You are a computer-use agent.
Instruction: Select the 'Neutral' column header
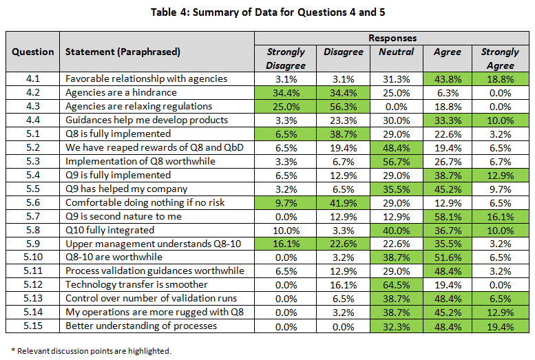(x=396, y=52)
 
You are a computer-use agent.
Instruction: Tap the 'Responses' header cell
(x=392, y=38)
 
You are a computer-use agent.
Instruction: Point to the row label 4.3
(x=32, y=106)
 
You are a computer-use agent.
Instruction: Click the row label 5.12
(x=32, y=284)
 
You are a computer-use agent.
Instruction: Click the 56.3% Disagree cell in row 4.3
(x=343, y=106)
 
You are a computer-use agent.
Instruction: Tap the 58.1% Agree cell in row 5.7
(x=447, y=215)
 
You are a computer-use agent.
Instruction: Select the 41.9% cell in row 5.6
(x=343, y=202)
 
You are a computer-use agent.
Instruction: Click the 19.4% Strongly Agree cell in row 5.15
(x=500, y=326)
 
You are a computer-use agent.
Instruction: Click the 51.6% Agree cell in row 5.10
(x=447, y=257)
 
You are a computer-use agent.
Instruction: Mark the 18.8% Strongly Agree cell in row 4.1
(x=500, y=78)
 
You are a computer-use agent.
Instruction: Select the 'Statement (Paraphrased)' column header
(x=123, y=52)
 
